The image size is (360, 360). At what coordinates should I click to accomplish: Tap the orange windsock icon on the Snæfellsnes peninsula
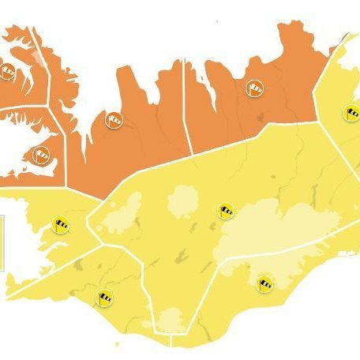point(42,153)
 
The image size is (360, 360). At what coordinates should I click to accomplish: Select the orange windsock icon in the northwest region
point(115,120)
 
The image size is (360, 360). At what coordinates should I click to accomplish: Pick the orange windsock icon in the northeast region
point(255,88)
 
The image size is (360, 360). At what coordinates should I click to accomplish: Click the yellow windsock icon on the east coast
point(350,113)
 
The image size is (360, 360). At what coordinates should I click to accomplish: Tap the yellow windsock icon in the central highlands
point(227,211)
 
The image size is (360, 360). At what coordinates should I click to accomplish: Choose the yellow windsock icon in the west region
point(59,224)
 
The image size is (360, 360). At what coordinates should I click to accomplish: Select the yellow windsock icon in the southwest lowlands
point(105,298)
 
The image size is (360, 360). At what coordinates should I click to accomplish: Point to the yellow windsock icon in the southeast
point(264,280)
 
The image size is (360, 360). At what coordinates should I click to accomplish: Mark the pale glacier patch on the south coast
point(170,320)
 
